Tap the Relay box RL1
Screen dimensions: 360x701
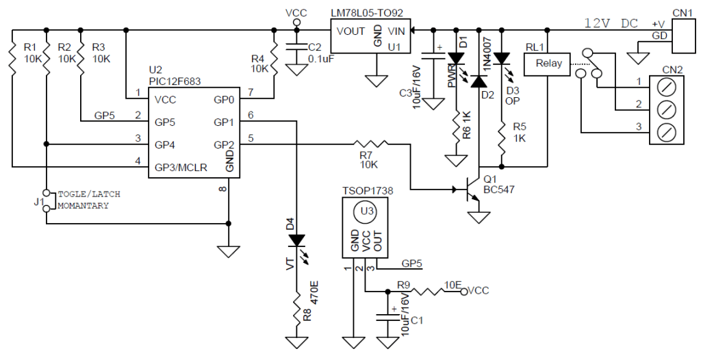click(548, 63)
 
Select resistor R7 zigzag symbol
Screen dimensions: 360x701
click(370, 144)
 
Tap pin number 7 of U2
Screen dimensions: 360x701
click(251, 92)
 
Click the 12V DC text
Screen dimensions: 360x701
click(611, 23)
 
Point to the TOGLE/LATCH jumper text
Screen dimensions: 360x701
click(89, 194)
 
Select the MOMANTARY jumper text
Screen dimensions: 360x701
click(84, 205)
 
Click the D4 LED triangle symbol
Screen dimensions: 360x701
click(297, 240)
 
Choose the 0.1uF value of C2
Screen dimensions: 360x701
click(322, 60)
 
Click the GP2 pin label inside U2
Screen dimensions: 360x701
click(224, 144)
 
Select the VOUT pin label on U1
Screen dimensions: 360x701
click(351, 31)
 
